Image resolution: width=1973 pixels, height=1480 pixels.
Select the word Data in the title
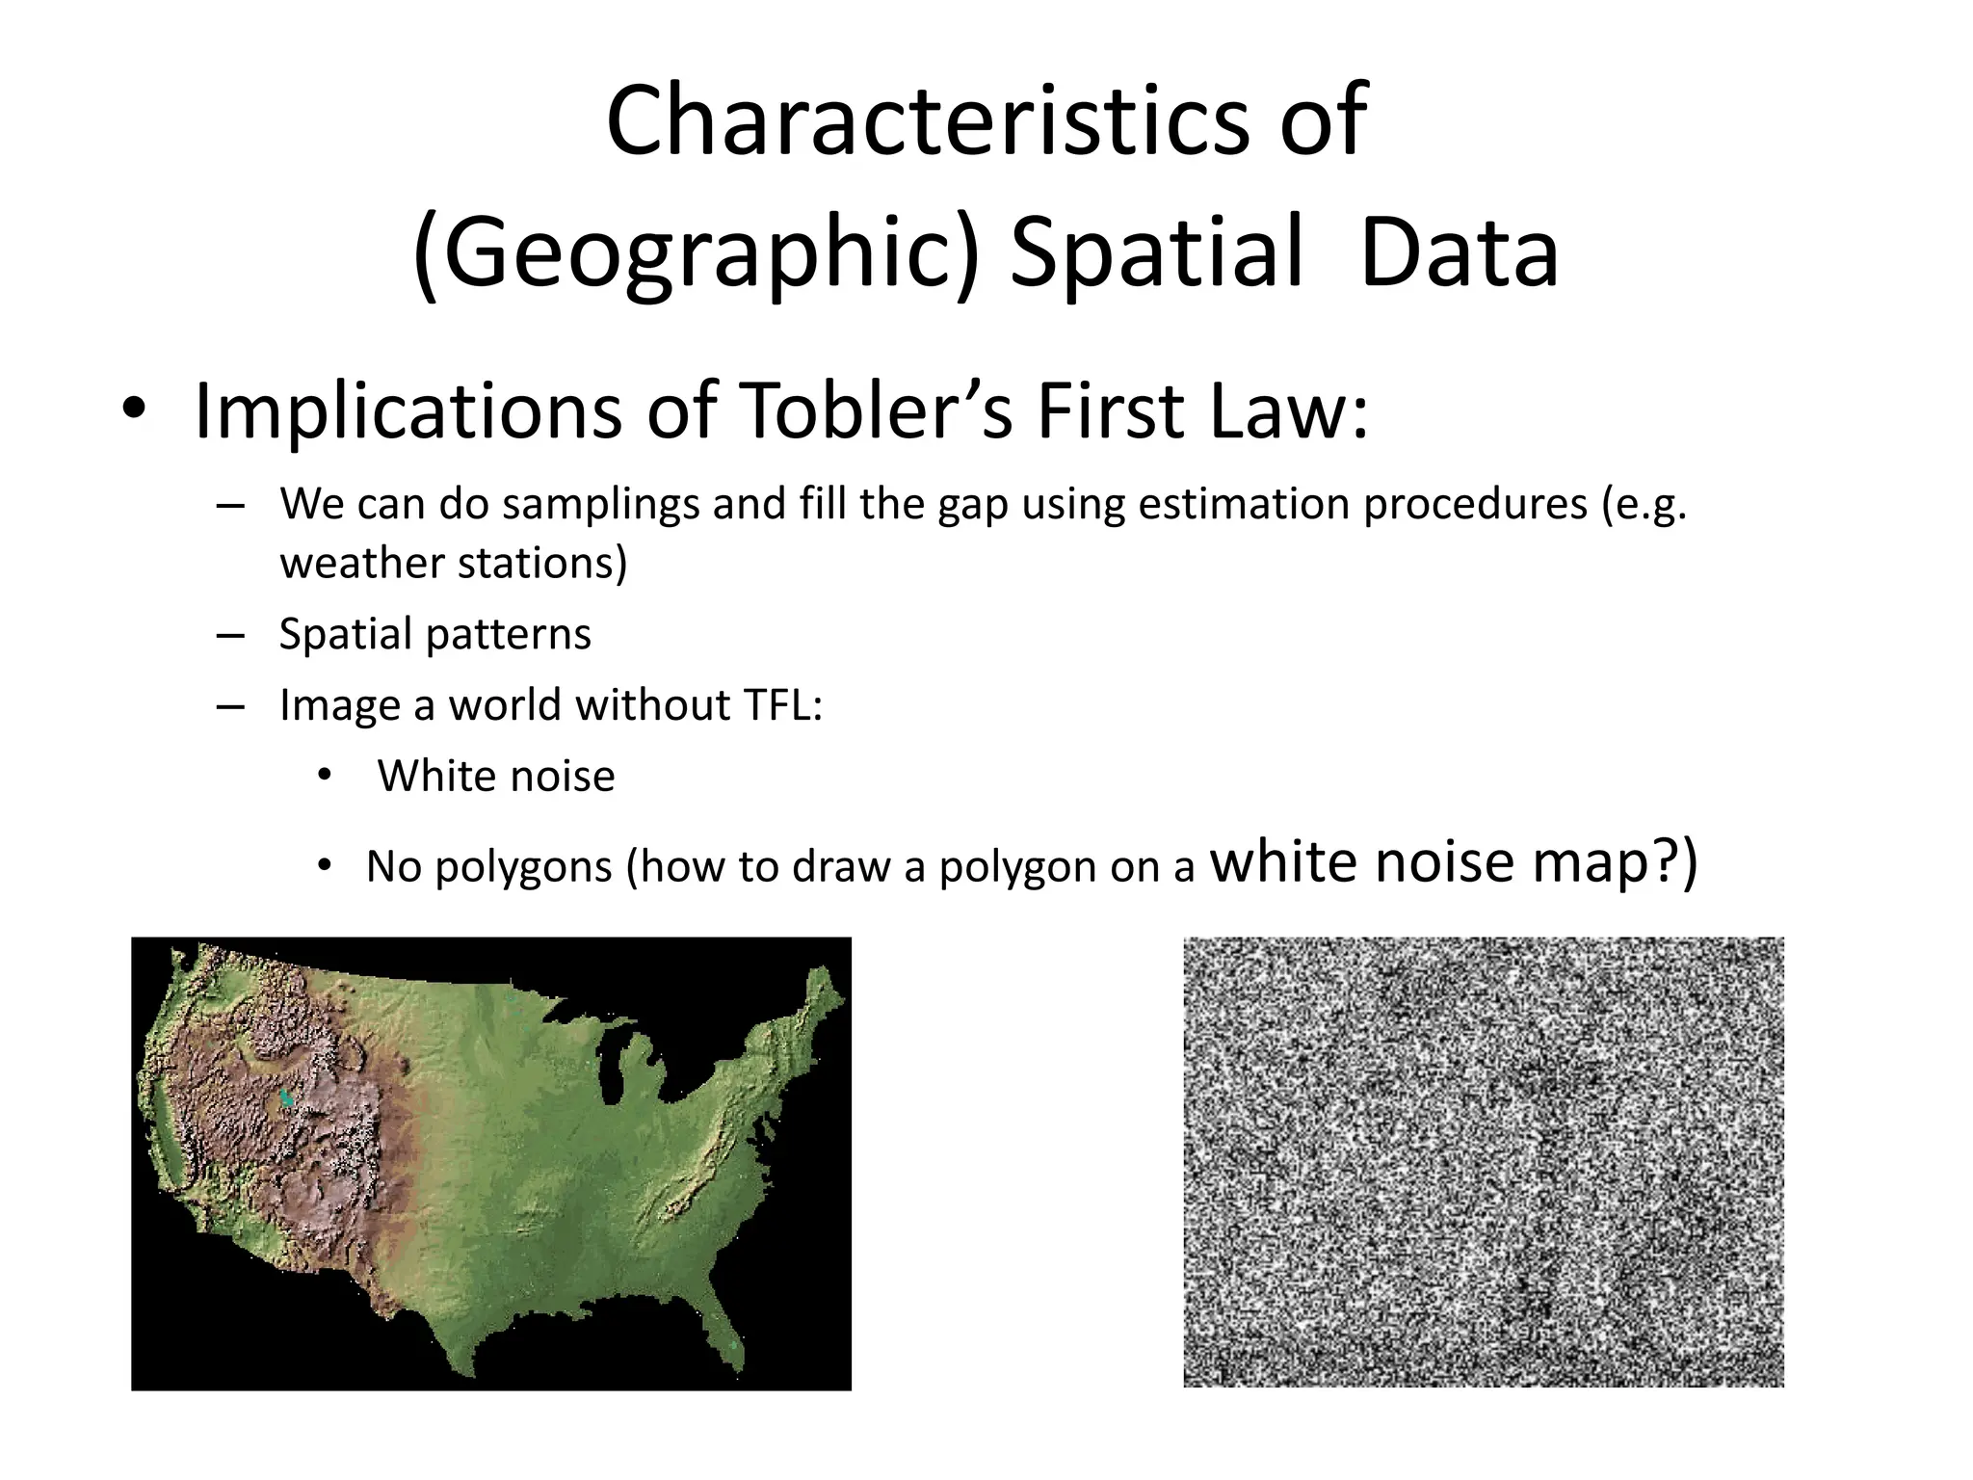click(1459, 252)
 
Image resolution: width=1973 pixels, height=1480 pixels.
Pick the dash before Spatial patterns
click(230, 635)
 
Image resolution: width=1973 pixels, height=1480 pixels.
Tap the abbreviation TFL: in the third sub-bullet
click(782, 705)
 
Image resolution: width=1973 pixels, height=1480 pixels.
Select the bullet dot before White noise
click(324, 775)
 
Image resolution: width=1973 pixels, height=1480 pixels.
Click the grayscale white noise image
click(1483, 1162)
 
